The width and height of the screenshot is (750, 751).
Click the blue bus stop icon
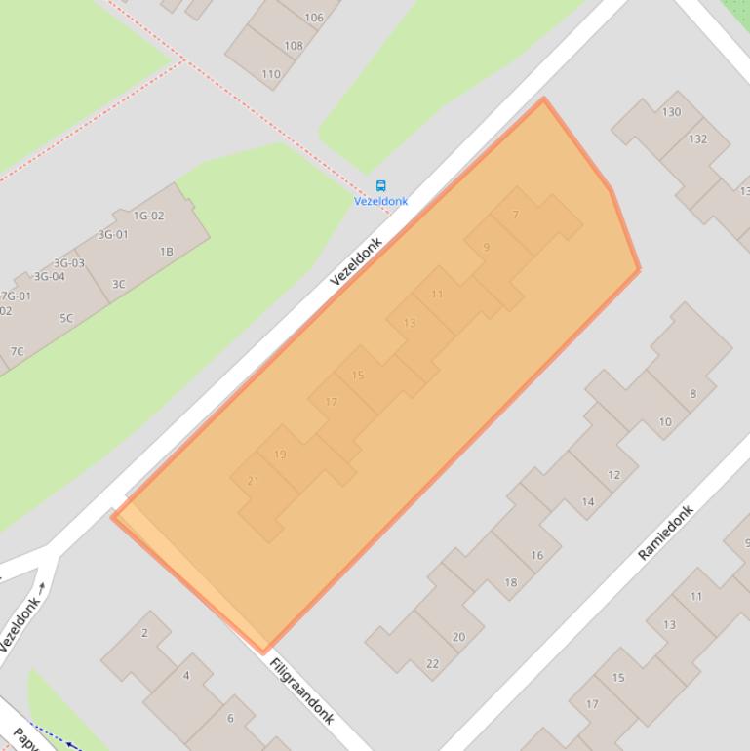pos(380,185)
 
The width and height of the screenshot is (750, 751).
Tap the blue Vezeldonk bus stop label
pos(380,201)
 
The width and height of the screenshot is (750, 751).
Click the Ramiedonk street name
pos(665,533)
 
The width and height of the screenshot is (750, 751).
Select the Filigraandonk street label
pos(302,691)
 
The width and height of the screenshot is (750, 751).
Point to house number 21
pos(254,481)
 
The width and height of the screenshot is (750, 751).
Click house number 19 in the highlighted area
pos(281,455)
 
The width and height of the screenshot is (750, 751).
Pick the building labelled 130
pos(671,112)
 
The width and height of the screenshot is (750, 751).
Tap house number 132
pos(697,138)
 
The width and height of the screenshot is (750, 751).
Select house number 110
pos(271,74)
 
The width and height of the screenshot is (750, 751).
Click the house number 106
pos(314,18)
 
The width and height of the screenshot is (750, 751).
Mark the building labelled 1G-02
pos(148,216)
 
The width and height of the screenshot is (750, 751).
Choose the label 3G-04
pos(46,276)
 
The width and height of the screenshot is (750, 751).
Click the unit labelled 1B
pos(167,252)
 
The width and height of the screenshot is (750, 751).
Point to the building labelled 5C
pos(66,318)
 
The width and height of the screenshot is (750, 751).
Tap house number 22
pos(432,663)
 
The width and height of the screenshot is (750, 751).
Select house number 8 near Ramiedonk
pos(693,394)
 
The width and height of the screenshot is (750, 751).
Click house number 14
pos(588,502)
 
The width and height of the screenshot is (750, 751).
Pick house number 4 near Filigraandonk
pos(186,675)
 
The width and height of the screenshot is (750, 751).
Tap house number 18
pos(511,582)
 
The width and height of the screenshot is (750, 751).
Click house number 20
pos(458,637)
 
